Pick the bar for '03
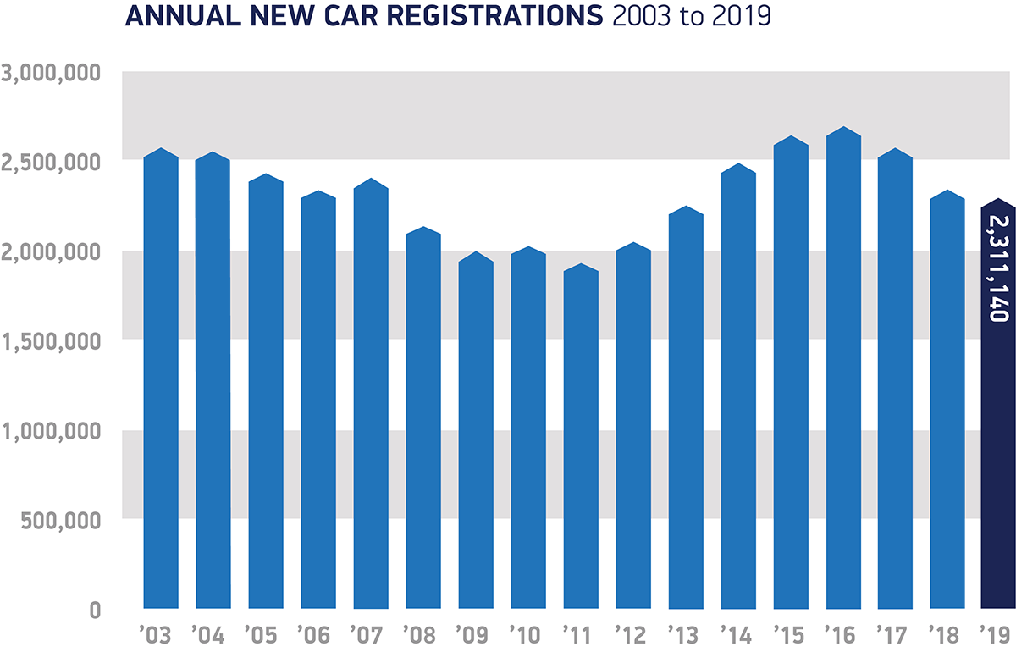click(x=161, y=381)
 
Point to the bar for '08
click(x=423, y=423)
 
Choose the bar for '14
click(x=738, y=390)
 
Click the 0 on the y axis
click(x=95, y=610)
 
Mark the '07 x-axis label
click(x=370, y=633)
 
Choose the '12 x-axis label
click(x=632, y=633)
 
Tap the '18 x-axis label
click(x=947, y=633)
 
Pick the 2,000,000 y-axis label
click(x=52, y=251)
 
